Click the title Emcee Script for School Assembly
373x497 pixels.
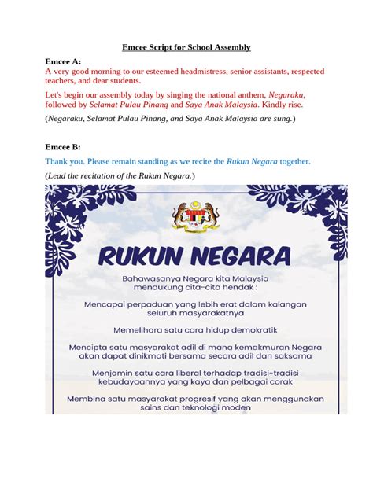point(186,47)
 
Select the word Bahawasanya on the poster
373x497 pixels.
point(152,278)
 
